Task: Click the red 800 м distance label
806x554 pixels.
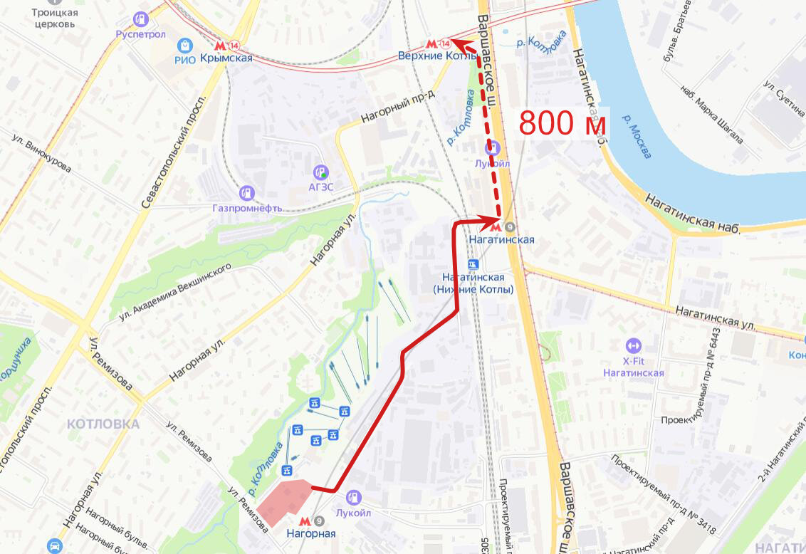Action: (x=562, y=123)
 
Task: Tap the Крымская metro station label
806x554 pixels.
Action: (x=226, y=58)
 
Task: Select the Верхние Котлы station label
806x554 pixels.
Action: (x=430, y=56)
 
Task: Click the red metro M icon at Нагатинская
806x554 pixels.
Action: (x=496, y=227)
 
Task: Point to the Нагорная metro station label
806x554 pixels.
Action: (x=310, y=533)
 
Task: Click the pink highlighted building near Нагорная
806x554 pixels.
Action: (x=283, y=501)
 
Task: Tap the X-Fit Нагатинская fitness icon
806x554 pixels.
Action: (x=633, y=346)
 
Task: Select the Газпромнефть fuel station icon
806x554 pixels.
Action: (x=246, y=192)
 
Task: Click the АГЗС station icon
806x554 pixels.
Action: (x=321, y=172)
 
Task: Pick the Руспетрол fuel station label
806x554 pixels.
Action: (x=141, y=33)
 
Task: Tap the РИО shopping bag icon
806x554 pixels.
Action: (x=185, y=46)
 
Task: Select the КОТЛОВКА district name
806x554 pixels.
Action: (x=103, y=424)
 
